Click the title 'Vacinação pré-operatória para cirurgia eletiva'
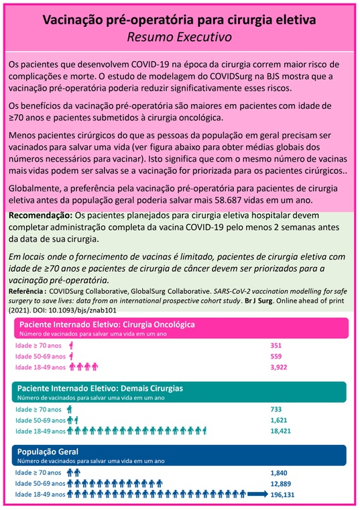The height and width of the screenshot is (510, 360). pos(180,21)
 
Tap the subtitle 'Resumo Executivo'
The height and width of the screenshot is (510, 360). pos(180,37)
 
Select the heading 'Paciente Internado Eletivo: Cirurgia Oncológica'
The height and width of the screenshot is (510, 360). pos(107,323)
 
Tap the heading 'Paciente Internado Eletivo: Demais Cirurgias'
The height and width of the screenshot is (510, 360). pos(101,388)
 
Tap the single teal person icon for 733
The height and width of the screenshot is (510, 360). pos(69,409)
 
